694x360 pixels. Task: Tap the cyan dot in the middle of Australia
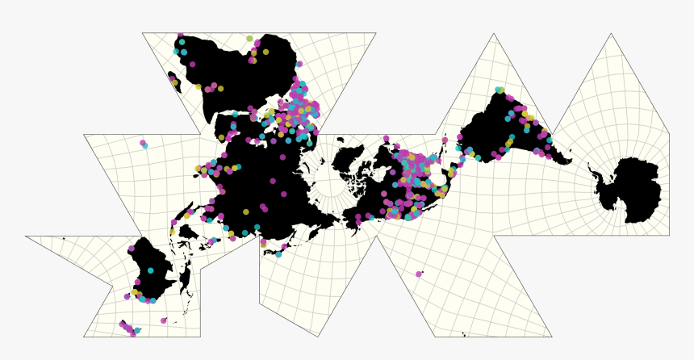tap(150, 270)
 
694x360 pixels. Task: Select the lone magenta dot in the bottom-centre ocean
tap(419, 274)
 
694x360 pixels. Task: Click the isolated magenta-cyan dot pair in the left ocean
tap(144, 144)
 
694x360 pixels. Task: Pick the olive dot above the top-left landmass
tap(250, 38)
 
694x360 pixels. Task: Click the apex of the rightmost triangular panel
tap(611, 33)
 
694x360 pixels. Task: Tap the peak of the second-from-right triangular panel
tap(494, 33)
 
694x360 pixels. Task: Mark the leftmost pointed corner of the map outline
tap(25, 237)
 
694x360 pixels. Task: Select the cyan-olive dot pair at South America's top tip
tap(500, 90)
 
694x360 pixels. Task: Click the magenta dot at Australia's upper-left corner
tap(132, 249)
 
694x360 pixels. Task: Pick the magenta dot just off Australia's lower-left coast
tap(127, 296)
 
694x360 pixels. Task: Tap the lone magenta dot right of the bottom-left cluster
tap(164, 320)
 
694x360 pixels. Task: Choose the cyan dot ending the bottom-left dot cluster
tap(137, 331)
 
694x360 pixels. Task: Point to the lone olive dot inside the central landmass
tap(246, 211)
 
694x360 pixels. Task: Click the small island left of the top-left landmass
tap(173, 79)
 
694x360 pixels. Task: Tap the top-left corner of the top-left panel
tap(142, 33)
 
